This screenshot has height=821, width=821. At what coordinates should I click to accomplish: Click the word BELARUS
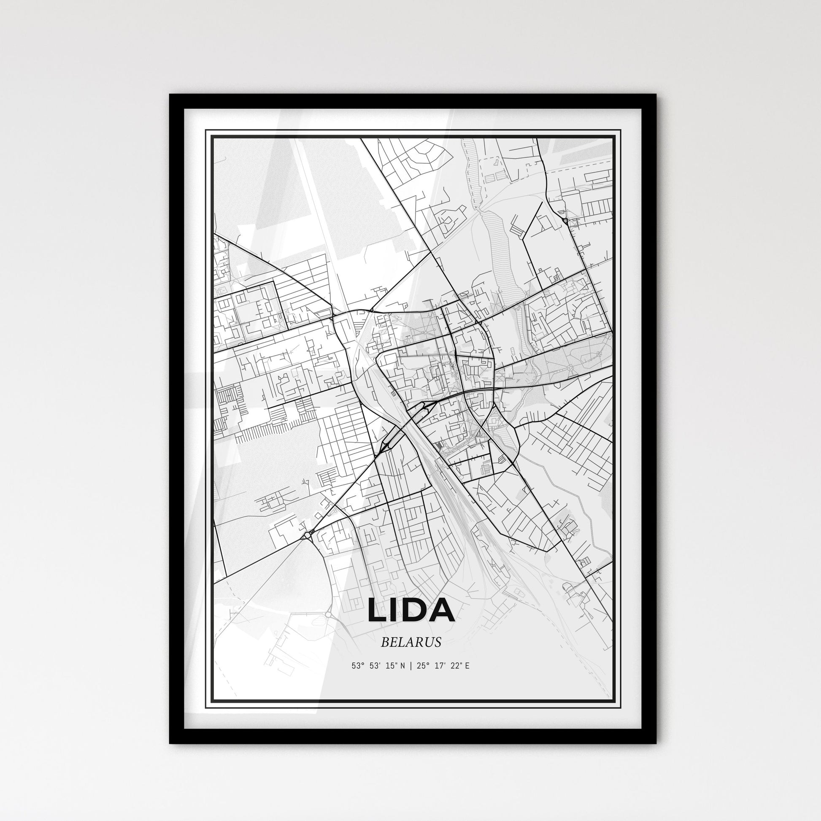pyautogui.click(x=411, y=642)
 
